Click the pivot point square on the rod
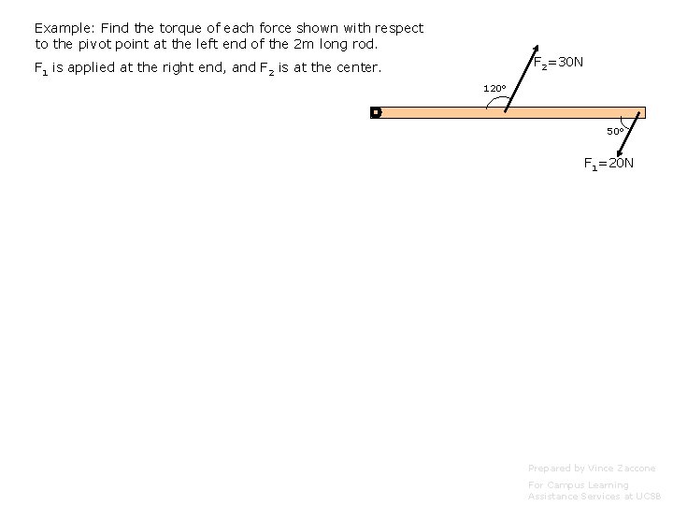(376, 112)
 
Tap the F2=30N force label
(559, 63)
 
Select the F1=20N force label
(609, 164)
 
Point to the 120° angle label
(494, 89)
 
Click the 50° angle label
(615, 131)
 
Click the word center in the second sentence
(356, 67)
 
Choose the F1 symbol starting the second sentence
(41, 68)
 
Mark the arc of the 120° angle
(490, 100)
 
